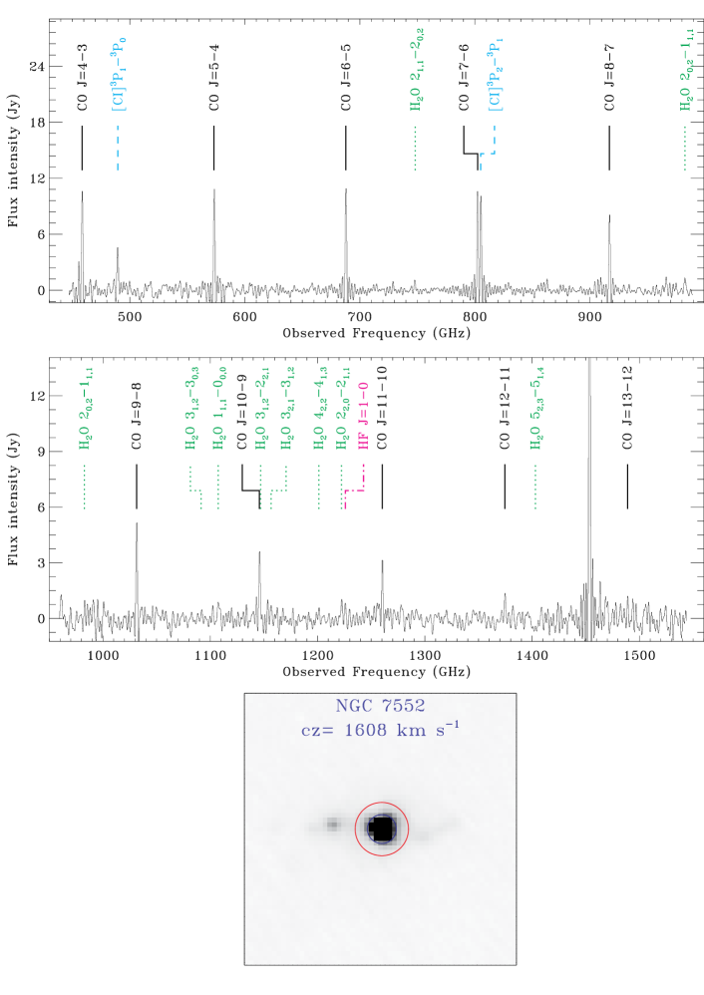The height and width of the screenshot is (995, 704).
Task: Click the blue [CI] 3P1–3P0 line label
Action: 119,75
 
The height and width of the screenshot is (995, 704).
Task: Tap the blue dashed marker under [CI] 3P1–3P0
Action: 118,148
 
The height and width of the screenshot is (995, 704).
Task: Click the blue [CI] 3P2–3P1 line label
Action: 495,76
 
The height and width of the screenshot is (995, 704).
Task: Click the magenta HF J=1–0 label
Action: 364,416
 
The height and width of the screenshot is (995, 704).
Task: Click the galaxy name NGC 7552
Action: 380,706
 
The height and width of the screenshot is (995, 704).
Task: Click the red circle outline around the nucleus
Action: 356,829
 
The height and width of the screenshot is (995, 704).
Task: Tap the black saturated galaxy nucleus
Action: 382,829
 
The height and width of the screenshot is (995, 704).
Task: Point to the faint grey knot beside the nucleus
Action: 333,825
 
